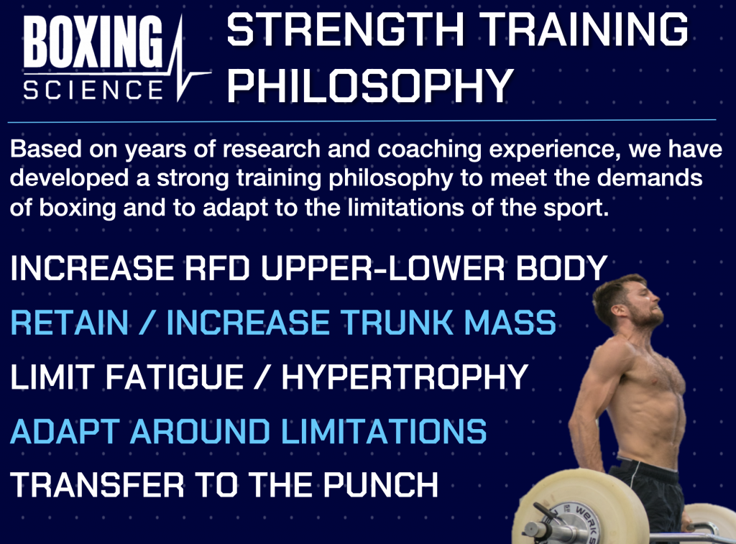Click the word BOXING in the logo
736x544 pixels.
(93, 41)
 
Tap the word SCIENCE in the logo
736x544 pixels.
(93, 89)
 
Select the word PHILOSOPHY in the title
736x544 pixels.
(370, 85)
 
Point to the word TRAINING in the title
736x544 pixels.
(584, 29)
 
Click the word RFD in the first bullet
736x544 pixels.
(216, 268)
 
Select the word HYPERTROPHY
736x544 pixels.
(405, 377)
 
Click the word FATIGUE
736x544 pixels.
(174, 377)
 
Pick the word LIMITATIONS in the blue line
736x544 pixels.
(384, 431)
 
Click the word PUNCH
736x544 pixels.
(381, 485)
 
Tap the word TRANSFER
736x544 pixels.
(97, 485)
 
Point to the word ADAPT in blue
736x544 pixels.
(65, 431)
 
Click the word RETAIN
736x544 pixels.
(70, 323)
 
